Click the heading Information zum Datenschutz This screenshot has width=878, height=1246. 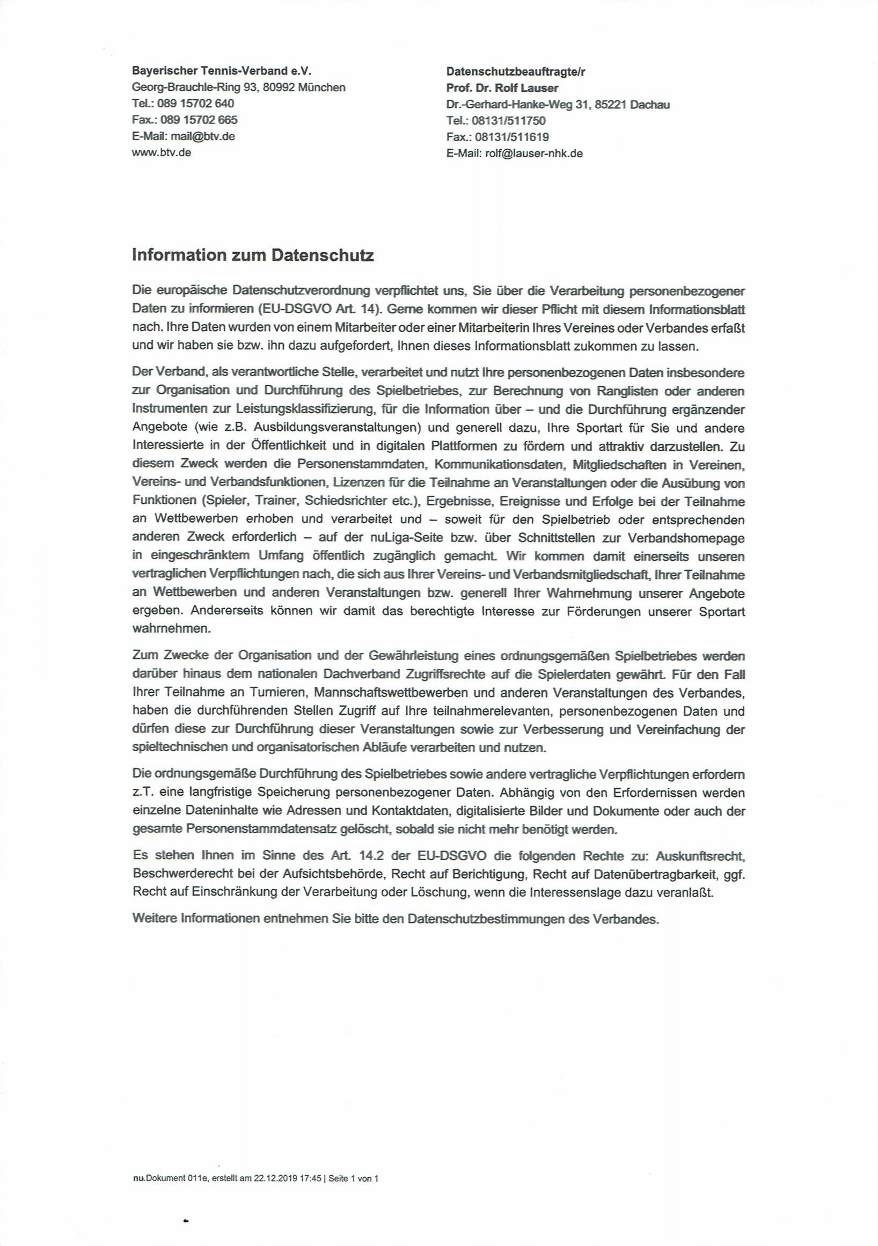[x=253, y=255]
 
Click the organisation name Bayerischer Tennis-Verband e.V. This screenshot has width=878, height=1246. [x=222, y=70]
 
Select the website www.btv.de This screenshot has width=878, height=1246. [x=161, y=152]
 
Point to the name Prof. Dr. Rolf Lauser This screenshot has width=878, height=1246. [x=502, y=88]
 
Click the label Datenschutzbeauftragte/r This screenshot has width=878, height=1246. [x=516, y=71]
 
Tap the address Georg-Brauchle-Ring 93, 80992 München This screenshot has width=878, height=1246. [x=238, y=87]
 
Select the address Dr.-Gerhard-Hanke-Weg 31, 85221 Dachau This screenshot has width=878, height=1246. [x=558, y=105]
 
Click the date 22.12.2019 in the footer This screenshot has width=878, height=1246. [x=276, y=1178]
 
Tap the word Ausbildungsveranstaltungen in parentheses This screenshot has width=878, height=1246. [x=335, y=428]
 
